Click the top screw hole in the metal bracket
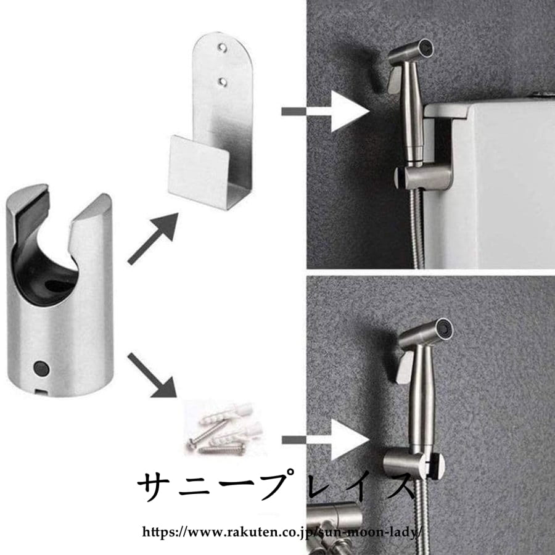(x=222, y=47)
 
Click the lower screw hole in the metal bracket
(x=223, y=82)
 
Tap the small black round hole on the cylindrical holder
(x=41, y=368)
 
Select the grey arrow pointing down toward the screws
(x=152, y=375)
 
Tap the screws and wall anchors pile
(x=224, y=429)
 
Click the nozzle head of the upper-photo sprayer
(x=412, y=51)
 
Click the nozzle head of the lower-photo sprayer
(x=427, y=332)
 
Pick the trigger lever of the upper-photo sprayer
(x=394, y=80)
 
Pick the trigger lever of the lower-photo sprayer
(x=405, y=367)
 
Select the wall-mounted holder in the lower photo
(x=414, y=462)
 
